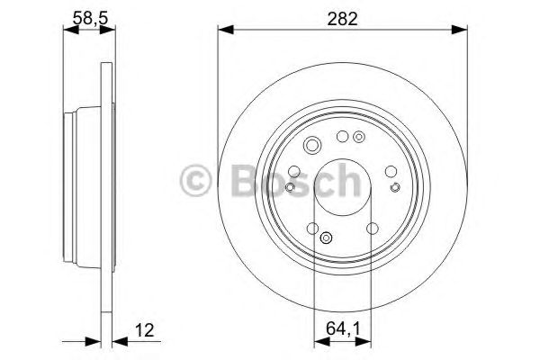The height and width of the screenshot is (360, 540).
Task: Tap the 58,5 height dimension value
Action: coord(88,18)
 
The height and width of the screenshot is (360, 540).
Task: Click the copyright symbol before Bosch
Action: coord(197,180)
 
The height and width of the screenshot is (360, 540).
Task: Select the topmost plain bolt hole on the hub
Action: coord(342,137)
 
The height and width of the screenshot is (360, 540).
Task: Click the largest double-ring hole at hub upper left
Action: coord(312,147)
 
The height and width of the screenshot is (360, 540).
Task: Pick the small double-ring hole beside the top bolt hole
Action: coord(359,138)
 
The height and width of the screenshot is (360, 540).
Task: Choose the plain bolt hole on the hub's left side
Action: coord(295,171)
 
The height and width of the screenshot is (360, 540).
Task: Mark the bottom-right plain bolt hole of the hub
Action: coord(372,228)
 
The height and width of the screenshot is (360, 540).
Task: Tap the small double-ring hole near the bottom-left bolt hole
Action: coord(326,238)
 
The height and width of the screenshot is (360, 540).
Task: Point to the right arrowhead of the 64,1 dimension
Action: coord(364,343)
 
